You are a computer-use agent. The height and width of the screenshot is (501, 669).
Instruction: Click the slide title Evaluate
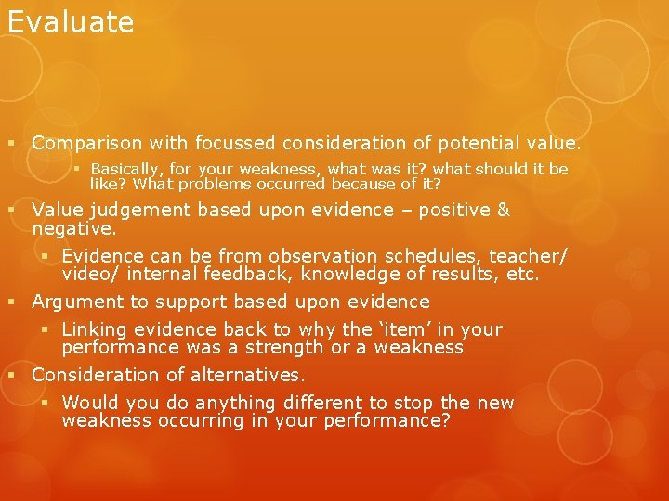click(71, 22)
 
